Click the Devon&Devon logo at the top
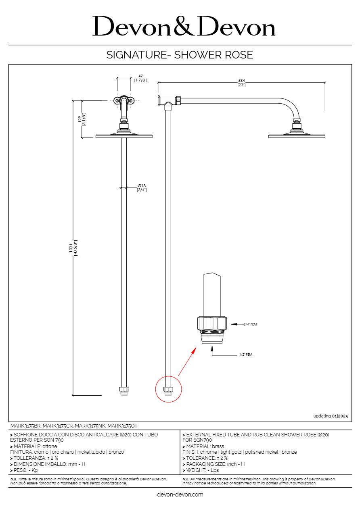tap(184, 27)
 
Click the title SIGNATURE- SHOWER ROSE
tap(180, 55)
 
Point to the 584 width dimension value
tap(241, 81)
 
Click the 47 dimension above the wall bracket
tap(140, 76)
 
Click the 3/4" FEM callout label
tap(250, 324)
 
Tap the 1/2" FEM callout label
tap(245, 355)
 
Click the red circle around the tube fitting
tap(169, 389)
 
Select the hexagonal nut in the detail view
tap(212, 323)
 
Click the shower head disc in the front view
tap(124, 136)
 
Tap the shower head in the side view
tap(297, 136)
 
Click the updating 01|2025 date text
tap(330, 416)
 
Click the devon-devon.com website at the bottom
tap(180, 494)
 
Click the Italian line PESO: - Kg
tap(25, 470)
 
